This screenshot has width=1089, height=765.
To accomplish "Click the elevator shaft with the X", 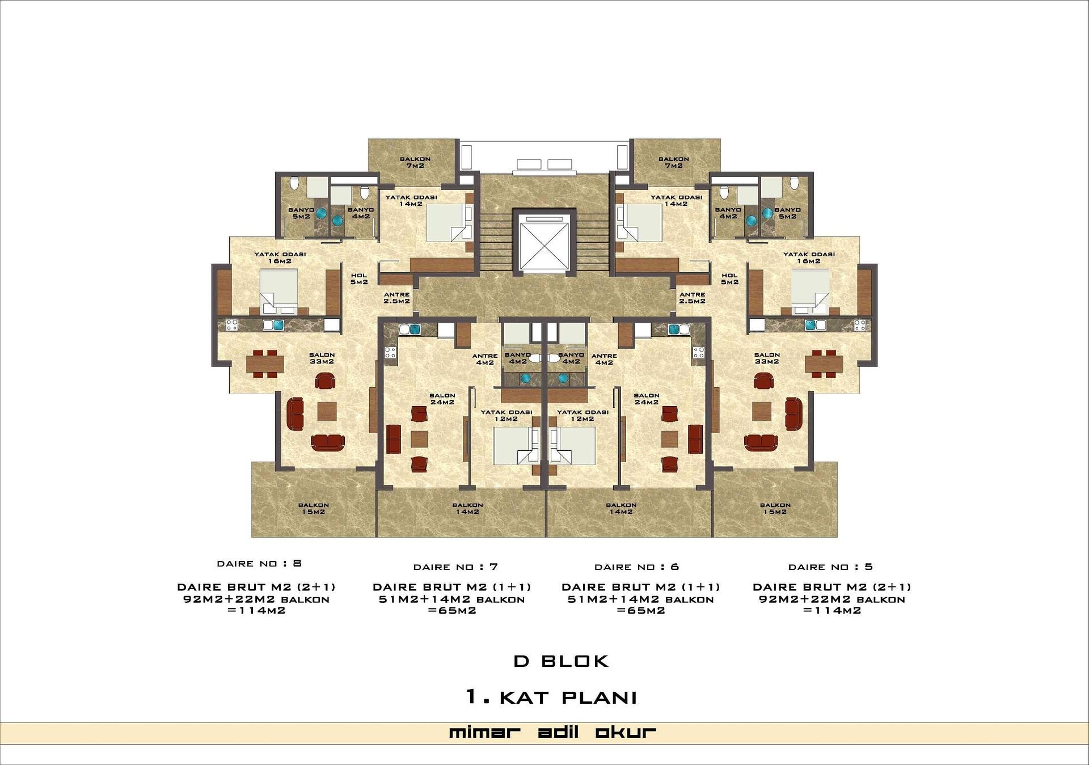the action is tap(544, 242).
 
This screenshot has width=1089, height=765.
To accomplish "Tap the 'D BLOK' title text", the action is tap(561, 661).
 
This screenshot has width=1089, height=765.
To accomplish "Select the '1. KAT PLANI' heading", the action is tap(551, 697).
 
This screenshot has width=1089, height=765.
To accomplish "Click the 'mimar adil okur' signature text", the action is tap(552, 732).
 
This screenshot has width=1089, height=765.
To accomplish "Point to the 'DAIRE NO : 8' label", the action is tap(259, 564).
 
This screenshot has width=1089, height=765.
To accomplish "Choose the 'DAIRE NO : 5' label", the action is tap(830, 567).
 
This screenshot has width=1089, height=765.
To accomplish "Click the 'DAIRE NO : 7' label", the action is tap(455, 567).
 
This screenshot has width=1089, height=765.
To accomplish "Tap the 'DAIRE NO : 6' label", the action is tap(636, 567).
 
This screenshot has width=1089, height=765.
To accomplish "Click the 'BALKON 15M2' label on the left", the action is tap(314, 508).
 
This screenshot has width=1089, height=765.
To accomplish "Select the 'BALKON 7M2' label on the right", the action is tap(674, 162).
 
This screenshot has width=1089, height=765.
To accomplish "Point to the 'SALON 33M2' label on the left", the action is tap(322, 358).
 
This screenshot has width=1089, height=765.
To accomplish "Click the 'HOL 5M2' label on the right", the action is tap(729, 278).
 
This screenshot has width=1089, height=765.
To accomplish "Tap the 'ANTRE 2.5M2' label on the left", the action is tap(396, 298).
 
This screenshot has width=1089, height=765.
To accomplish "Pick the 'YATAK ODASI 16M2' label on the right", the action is tap(809, 257).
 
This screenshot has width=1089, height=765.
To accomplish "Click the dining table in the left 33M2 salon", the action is tap(265, 364).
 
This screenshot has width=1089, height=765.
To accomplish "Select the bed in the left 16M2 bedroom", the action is tap(278, 291).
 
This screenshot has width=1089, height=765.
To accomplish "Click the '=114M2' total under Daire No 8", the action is tap(256, 611).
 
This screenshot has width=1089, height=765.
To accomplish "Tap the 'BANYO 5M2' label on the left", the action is tap(301, 213).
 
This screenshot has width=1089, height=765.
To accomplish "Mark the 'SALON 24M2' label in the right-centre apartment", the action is tap(647, 399).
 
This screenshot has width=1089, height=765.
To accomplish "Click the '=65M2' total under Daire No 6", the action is tap(641, 611).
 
